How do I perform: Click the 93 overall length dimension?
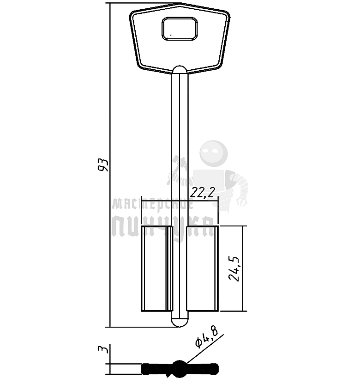104,165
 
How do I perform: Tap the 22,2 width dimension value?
204,192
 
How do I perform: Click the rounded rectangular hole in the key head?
180,28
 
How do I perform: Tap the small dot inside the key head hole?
170,34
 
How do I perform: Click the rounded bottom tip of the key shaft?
180,322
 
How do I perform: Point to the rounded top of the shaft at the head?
180,70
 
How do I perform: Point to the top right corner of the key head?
228,14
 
